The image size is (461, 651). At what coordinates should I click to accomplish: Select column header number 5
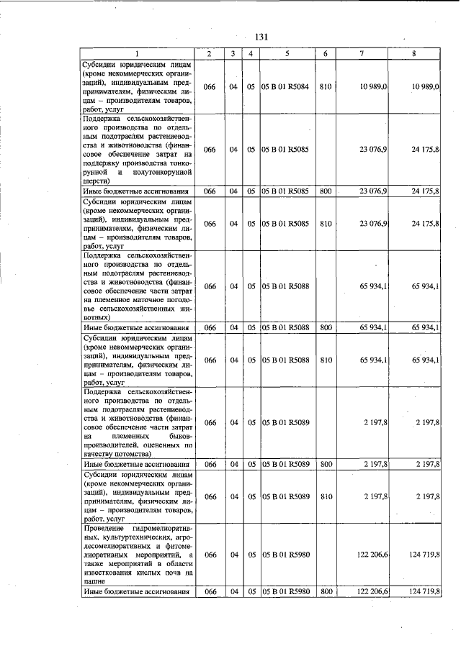coord(287,55)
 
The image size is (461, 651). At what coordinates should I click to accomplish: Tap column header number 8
coord(413,55)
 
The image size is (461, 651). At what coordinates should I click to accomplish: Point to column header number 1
coord(137,55)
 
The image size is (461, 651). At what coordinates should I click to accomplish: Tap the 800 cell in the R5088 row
coord(326,327)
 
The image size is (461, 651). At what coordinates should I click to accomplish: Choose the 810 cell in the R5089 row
coord(326,496)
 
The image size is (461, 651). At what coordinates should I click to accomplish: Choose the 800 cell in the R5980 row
coord(326,591)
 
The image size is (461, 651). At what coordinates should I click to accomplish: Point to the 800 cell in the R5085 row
coord(326,191)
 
